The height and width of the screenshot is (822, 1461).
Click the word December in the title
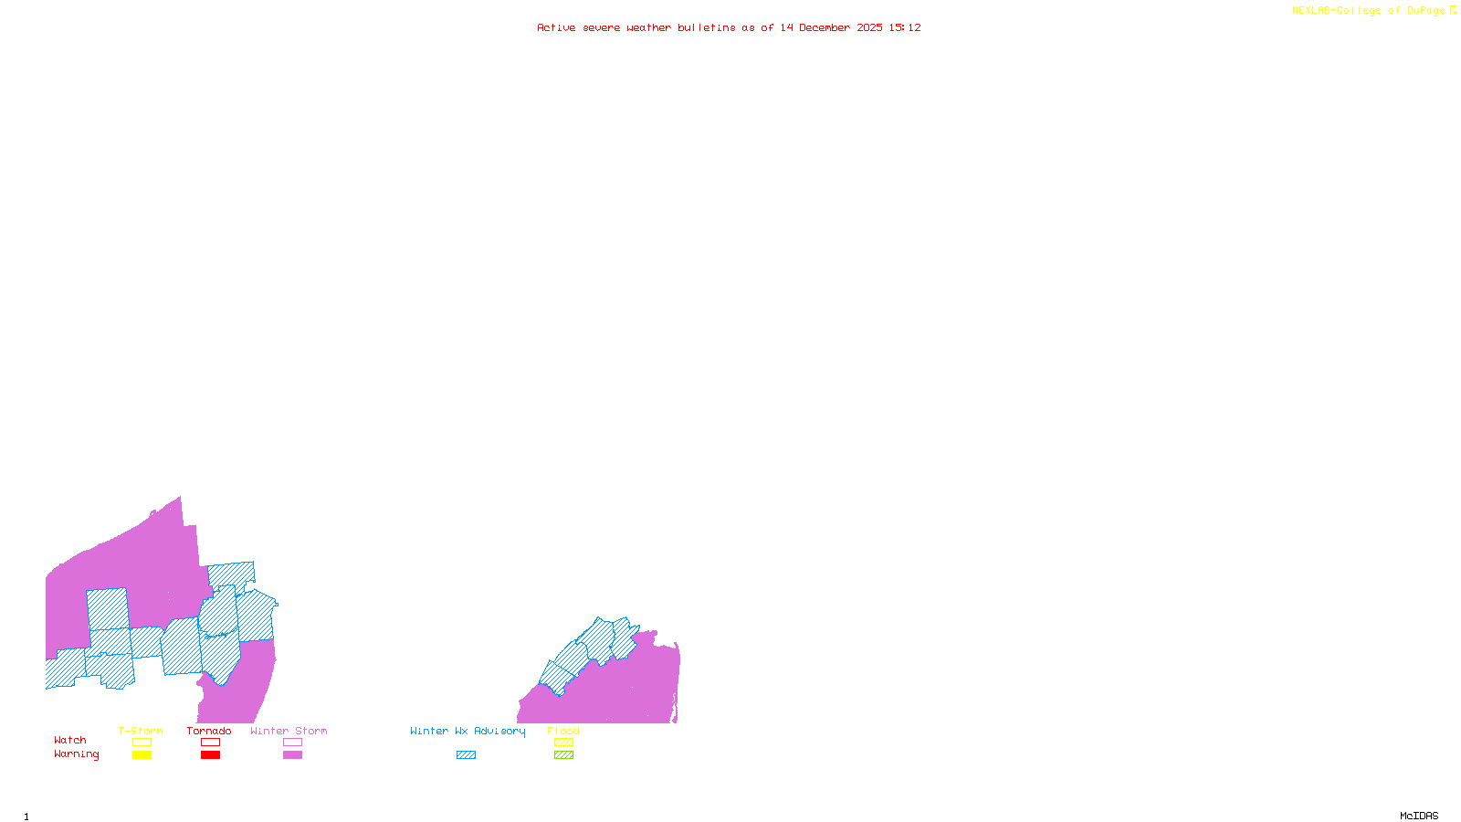pos(825,27)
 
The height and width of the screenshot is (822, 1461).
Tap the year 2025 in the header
pos(869,27)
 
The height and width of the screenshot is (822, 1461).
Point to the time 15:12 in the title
pos(905,27)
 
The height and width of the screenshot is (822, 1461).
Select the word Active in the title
pos(556,27)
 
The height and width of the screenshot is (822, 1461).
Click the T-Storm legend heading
pos(141,731)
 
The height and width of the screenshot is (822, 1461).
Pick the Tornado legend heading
pos(209,731)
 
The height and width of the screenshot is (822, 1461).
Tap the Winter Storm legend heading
pos(289,731)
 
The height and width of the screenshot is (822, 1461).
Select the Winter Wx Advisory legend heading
pos(468,731)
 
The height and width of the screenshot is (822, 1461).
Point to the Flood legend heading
pos(563,731)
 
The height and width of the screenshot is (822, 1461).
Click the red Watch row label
pos(70,740)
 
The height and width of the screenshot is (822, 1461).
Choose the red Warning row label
pos(76,754)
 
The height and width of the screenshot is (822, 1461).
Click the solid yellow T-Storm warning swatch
pos(142,755)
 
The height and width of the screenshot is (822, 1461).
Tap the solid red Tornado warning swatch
pos(210,755)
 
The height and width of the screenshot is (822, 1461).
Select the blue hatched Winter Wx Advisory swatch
pos(466,755)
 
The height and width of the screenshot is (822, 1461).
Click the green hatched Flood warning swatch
pos(563,755)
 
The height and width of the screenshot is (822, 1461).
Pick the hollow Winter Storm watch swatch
pos(292,743)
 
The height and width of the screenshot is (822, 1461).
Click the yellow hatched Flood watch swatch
pos(563,743)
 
